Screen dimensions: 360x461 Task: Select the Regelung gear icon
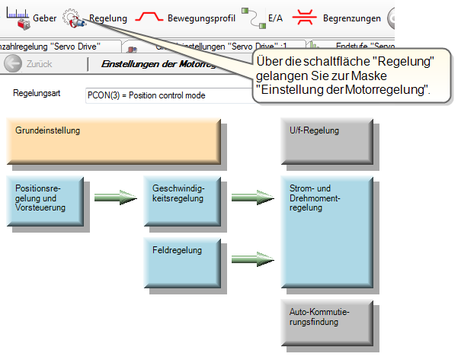point(71,16)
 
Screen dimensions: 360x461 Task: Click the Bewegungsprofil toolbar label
point(201,17)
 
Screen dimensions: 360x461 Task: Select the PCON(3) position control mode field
point(168,95)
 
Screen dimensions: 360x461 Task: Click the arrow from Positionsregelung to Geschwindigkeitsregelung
point(115,198)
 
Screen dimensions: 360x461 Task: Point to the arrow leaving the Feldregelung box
point(252,259)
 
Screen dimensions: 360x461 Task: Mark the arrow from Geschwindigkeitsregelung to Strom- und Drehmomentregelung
point(252,198)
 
